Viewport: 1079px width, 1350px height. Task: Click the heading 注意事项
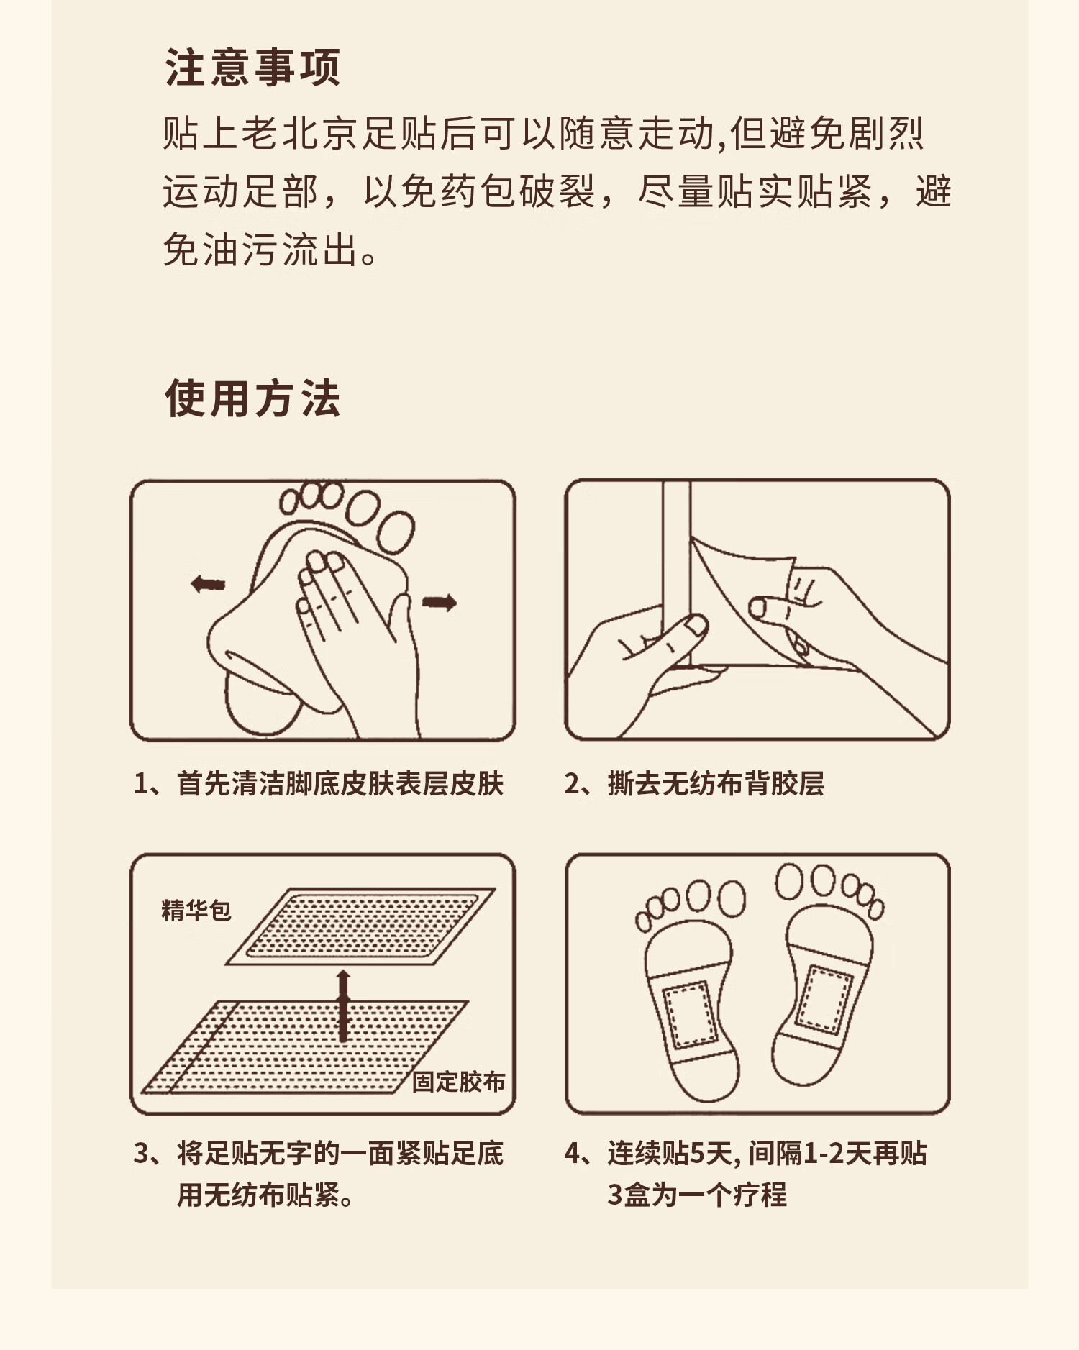pos(252,68)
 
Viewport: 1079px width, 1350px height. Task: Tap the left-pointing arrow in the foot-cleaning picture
pos(209,583)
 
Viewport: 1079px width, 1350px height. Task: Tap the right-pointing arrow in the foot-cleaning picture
pos(439,602)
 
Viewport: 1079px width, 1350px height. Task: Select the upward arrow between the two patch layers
pos(343,1005)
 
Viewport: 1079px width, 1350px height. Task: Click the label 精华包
pos(196,910)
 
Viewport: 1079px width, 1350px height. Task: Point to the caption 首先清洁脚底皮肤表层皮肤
pos(340,783)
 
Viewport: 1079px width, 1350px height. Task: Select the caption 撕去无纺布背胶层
pos(716,783)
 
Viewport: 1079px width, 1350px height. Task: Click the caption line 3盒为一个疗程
pos(697,1195)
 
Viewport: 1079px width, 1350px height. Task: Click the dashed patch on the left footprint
pos(691,1014)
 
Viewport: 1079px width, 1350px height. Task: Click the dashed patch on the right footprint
pos(825,998)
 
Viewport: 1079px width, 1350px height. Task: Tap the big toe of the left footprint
pos(730,898)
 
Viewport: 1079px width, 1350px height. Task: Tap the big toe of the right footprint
pos(788,881)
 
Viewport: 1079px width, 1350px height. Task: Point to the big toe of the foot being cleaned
pos(396,532)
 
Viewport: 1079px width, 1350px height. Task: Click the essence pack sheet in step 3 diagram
pos(360,926)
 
